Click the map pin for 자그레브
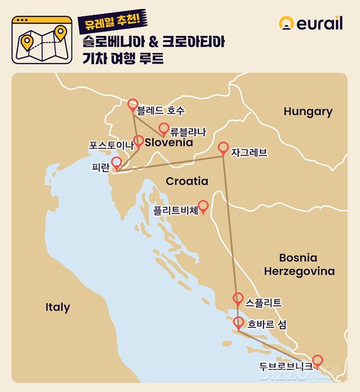click(x=223, y=148)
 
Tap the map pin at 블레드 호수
click(x=133, y=105)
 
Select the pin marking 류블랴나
click(x=164, y=129)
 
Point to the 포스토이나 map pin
click(x=138, y=142)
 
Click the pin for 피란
click(x=116, y=164)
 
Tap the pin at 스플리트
click(x=238, y=299)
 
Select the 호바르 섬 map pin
click(x=238, y=323)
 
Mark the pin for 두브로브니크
click(x=317, y=361)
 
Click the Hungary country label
click(x=308, y=111)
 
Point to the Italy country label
click(x=57, y=307)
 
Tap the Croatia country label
click(x=187, y=181)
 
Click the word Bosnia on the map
click(x=298, y=258)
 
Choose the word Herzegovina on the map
click(x=299, y=272)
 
